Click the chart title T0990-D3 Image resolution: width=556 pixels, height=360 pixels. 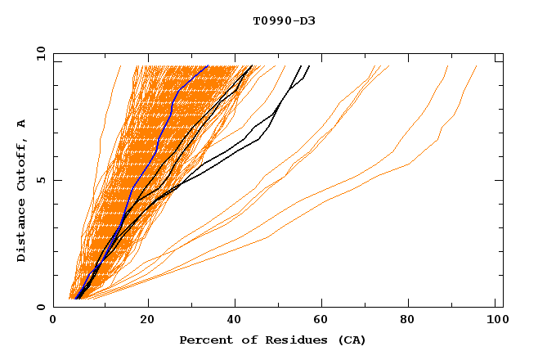click(284, 20)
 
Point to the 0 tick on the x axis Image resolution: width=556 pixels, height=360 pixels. click(53, 322)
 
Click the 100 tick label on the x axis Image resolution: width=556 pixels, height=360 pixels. click(495, 322)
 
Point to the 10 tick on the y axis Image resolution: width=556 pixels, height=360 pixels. click(39, 53)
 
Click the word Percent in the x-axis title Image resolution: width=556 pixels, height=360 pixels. click(203, 340)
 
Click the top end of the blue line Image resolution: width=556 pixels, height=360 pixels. click(208, 65)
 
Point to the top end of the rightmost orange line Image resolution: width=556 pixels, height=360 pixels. click(477, 65)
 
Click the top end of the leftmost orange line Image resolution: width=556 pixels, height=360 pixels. click(120, 65)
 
